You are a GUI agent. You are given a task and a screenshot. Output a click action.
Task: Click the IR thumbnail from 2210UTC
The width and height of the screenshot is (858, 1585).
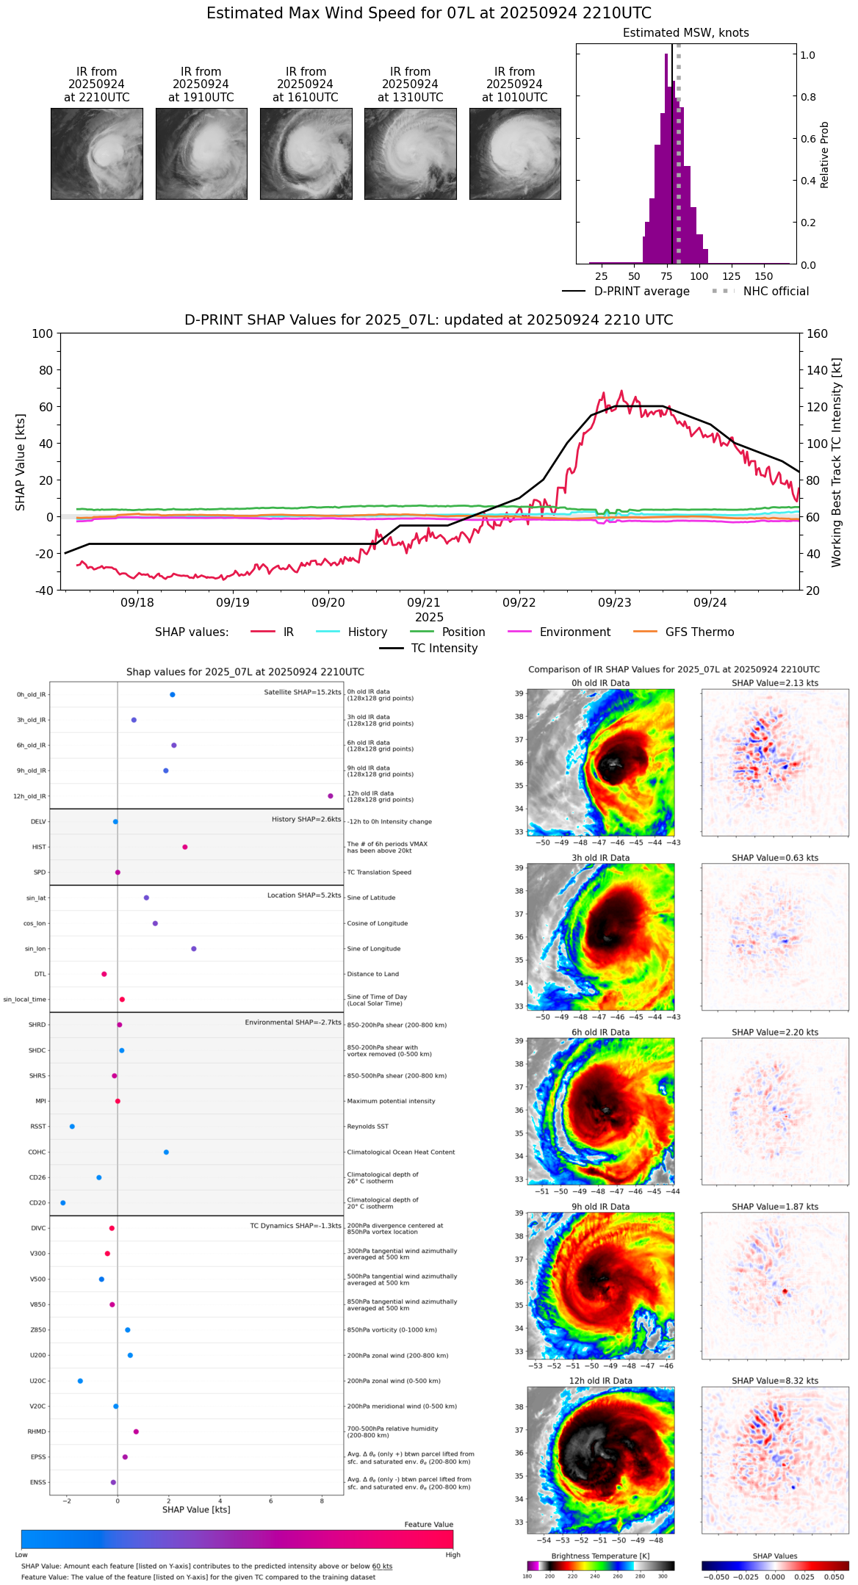pos(96,154)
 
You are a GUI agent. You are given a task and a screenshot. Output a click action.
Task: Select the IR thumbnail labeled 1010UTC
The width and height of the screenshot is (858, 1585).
pos(515,154)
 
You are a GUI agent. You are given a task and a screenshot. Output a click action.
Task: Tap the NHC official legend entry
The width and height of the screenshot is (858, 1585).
pos(760,292)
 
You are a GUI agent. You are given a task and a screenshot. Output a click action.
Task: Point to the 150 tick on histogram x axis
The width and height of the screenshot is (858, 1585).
pos(764,276)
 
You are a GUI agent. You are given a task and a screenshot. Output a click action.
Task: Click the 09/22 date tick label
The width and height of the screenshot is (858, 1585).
pos(519,603)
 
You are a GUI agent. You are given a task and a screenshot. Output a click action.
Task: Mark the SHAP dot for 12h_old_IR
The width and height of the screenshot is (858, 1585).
pos(331,796)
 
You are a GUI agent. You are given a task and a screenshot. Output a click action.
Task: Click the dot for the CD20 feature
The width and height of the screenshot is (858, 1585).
pos(63,1203)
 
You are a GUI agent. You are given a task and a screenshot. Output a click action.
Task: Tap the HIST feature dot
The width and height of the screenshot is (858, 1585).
pos(185,847)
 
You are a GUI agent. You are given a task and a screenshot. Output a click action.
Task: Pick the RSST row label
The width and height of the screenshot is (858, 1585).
pos(38,1127)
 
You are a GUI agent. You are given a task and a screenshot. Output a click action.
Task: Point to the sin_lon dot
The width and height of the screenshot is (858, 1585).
pos(194,949)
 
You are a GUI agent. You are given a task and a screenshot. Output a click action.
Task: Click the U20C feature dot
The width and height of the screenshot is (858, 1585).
pos(80,1381)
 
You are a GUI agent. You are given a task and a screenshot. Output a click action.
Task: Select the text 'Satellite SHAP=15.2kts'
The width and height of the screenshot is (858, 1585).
pos(303,693)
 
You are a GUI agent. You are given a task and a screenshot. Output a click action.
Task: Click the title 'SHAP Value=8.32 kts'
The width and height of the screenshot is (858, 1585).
pos(775,1381)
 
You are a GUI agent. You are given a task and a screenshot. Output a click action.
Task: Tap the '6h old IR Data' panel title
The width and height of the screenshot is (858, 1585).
pos(600,1033)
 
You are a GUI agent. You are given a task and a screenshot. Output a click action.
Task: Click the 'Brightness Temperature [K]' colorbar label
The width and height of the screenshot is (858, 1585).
pos(600,1556)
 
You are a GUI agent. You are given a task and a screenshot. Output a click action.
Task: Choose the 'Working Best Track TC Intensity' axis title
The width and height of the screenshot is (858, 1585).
pos(837,463)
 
